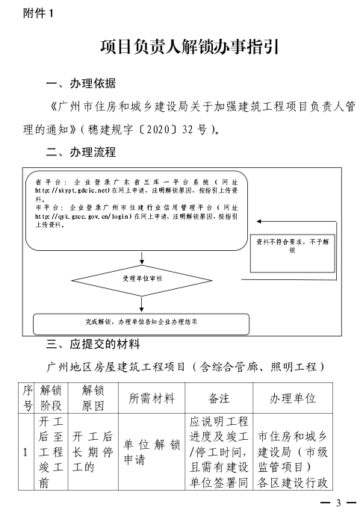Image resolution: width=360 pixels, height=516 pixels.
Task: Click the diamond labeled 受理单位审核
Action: (x=142, y=279)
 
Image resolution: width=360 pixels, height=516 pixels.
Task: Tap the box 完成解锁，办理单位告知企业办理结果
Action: (x=141, y=323)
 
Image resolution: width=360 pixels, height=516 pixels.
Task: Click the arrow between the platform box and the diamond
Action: (x=142, y=258)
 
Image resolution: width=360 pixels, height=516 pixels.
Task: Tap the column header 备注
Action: (x=219, y=398)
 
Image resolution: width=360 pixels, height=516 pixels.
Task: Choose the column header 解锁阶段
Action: (x=51, y=398)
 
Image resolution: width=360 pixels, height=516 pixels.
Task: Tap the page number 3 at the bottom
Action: (x=337, y=502)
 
